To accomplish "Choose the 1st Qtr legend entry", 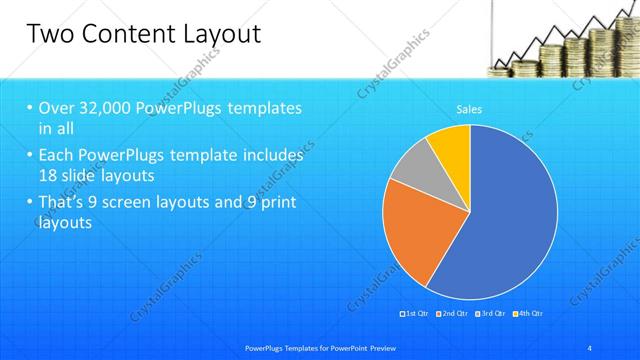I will coord(415,314).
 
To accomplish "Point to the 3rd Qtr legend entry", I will coord(490,314).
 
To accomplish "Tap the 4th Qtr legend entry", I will coord(529,314).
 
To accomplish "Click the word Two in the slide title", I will coord(49,35).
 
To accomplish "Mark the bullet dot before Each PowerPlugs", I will coord(30,156).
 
